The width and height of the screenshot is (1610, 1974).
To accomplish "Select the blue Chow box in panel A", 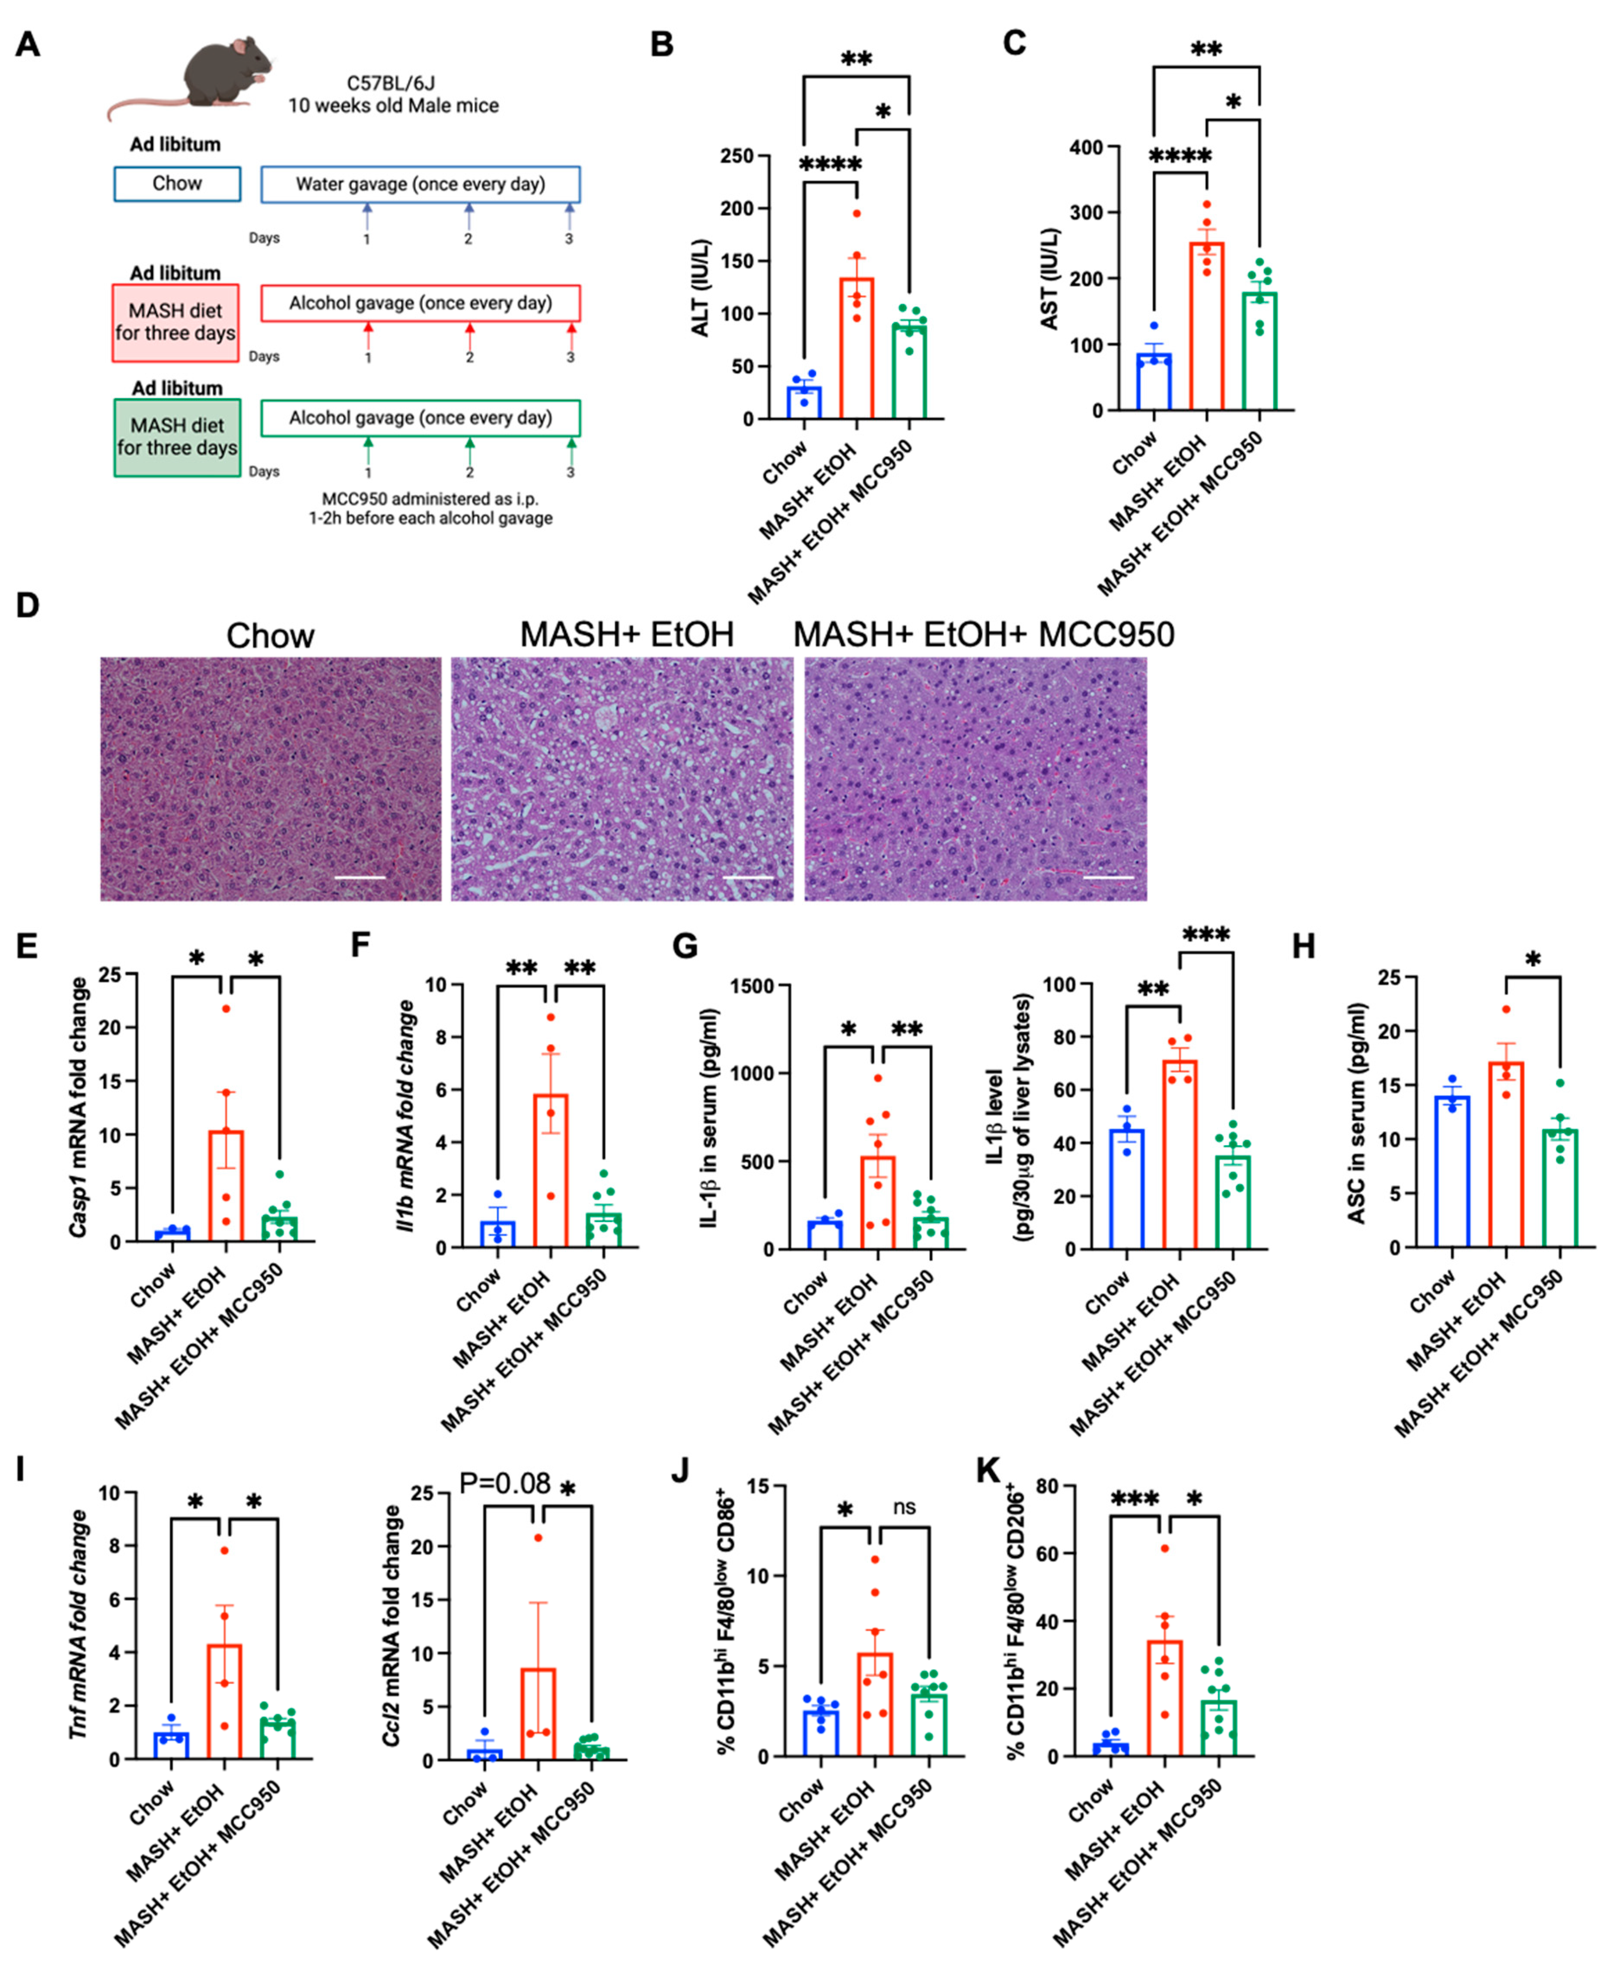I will click(177, 184).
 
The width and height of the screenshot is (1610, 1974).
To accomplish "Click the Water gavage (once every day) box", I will click(420, 184).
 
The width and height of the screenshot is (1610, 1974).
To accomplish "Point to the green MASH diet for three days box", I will click(177, 437).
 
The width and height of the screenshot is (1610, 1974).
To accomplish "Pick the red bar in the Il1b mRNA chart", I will click(551, 1171).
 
